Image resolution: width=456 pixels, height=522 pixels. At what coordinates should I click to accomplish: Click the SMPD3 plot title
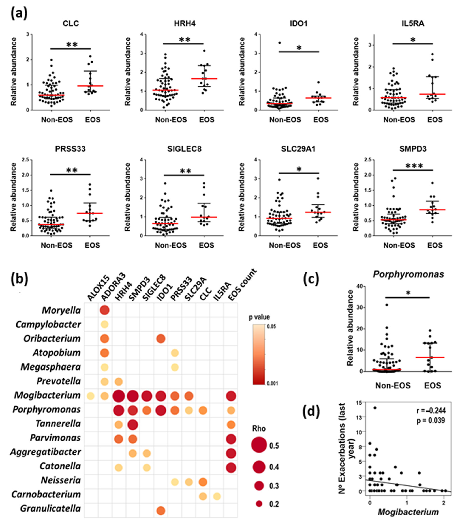[413, 149]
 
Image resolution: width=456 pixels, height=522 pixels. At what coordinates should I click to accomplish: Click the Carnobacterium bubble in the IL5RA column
[217, 496]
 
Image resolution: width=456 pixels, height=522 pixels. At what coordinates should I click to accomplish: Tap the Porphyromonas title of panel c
[408, 274]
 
